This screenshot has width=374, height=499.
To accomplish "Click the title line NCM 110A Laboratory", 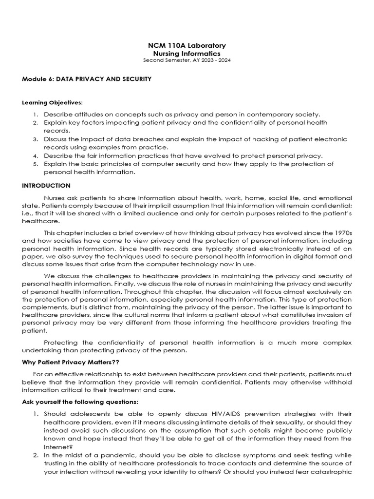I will coord(187,45).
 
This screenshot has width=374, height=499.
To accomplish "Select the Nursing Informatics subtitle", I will coord(187,53).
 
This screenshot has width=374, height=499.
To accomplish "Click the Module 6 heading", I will coord(87,78).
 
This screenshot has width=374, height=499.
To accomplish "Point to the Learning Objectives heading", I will coord(53,103).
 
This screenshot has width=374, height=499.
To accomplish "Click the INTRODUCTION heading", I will coord(46,186).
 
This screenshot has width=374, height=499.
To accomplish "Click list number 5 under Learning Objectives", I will coord(36,164).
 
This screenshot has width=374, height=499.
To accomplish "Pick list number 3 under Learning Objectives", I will coord(36,139).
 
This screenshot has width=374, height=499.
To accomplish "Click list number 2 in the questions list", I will coord(36,455).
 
